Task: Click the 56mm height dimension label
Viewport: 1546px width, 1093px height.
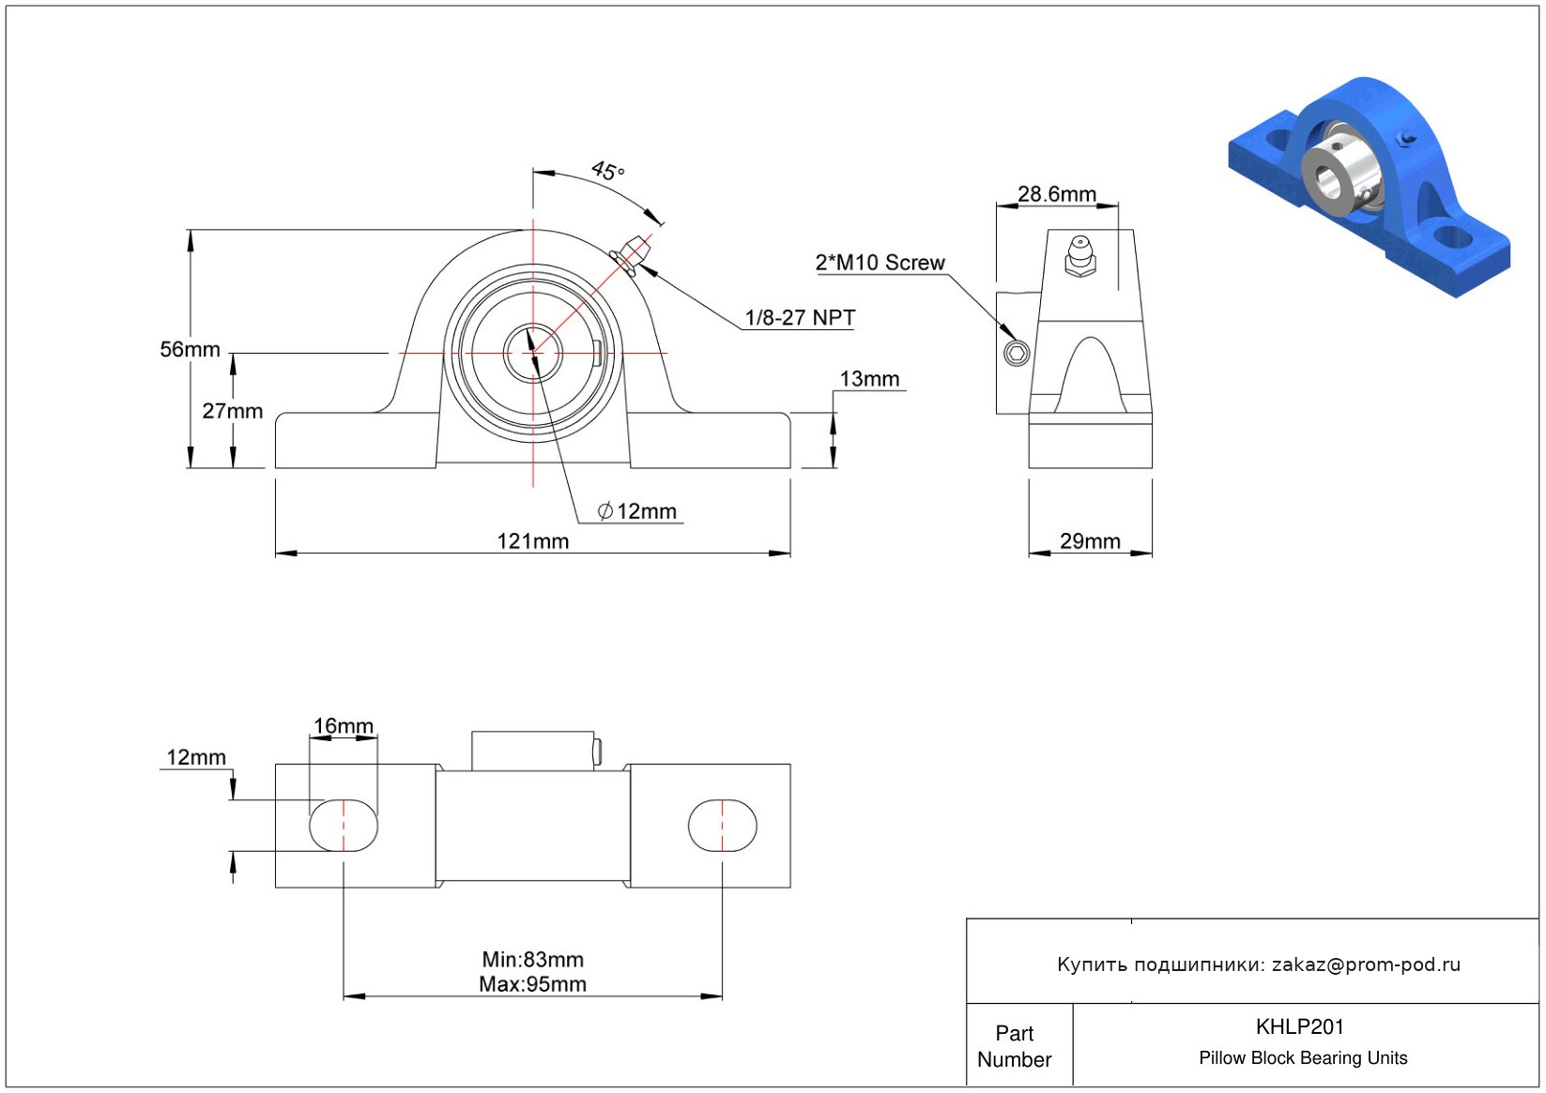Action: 190,350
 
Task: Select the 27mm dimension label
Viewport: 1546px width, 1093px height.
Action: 232,411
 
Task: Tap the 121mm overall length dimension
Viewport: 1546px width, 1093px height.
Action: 532,541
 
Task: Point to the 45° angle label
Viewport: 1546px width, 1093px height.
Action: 607,171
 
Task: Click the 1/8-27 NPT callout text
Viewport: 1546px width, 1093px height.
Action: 800,318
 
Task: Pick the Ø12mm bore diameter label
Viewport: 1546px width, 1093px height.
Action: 637,511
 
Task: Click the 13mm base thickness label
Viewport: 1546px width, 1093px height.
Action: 869,379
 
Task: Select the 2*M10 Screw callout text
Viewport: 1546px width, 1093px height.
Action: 880,263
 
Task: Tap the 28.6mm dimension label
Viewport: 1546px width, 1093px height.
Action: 1057,194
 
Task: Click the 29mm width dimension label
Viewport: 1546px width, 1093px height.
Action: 1090,541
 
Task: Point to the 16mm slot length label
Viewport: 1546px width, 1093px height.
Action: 343,726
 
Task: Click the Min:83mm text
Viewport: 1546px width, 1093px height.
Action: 532,960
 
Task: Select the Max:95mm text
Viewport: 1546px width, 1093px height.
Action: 532,984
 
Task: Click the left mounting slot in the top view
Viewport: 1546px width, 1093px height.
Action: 344,826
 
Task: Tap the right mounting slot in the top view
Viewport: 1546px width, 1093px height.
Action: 722,826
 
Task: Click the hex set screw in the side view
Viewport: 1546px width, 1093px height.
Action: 1017,353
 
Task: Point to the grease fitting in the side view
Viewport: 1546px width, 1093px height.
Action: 1079,256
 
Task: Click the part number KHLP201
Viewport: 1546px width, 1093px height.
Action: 1299,1026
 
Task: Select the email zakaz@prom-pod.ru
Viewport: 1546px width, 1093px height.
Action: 1366,964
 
